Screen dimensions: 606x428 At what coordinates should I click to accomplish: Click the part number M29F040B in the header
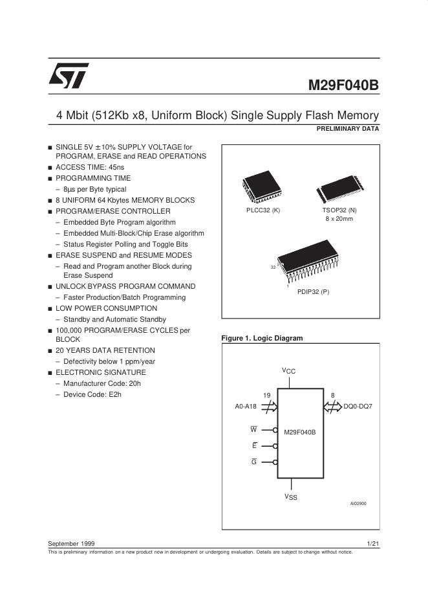(x=343, y=85)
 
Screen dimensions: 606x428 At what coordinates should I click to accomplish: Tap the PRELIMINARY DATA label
(x=347, y=129)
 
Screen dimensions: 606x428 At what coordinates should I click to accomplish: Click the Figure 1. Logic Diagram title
(x=262, y=338)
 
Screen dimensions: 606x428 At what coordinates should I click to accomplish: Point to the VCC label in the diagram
(x=288, y=370)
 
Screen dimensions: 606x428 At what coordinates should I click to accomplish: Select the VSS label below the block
(x=291, y=497)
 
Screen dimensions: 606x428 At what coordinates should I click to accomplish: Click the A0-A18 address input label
(x=246, y=407)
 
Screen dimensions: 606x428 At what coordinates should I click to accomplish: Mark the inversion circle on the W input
(x=275, y=429)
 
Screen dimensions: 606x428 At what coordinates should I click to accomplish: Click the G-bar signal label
(x=254, y=462)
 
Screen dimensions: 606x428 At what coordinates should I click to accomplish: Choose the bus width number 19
(x=266, y=395)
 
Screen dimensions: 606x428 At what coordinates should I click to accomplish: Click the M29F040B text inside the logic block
(x=300, y=431)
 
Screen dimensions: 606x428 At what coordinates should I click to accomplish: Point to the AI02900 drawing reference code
(x=358, y=504)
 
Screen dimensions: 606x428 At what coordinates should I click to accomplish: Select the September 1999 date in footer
(x=71, y=543)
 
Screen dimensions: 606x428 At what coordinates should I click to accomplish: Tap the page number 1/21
(x=372, y=543)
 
